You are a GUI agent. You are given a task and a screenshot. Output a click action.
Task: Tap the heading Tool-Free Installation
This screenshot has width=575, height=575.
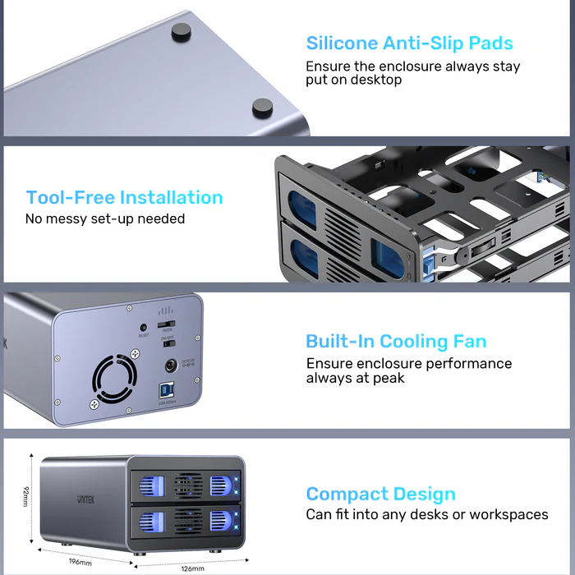124,197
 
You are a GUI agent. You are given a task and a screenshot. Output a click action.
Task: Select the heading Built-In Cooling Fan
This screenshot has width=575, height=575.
396,341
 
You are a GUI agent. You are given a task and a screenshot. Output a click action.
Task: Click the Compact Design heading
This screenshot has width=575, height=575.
380,494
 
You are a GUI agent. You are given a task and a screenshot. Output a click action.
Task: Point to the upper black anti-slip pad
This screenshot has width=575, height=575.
180,32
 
